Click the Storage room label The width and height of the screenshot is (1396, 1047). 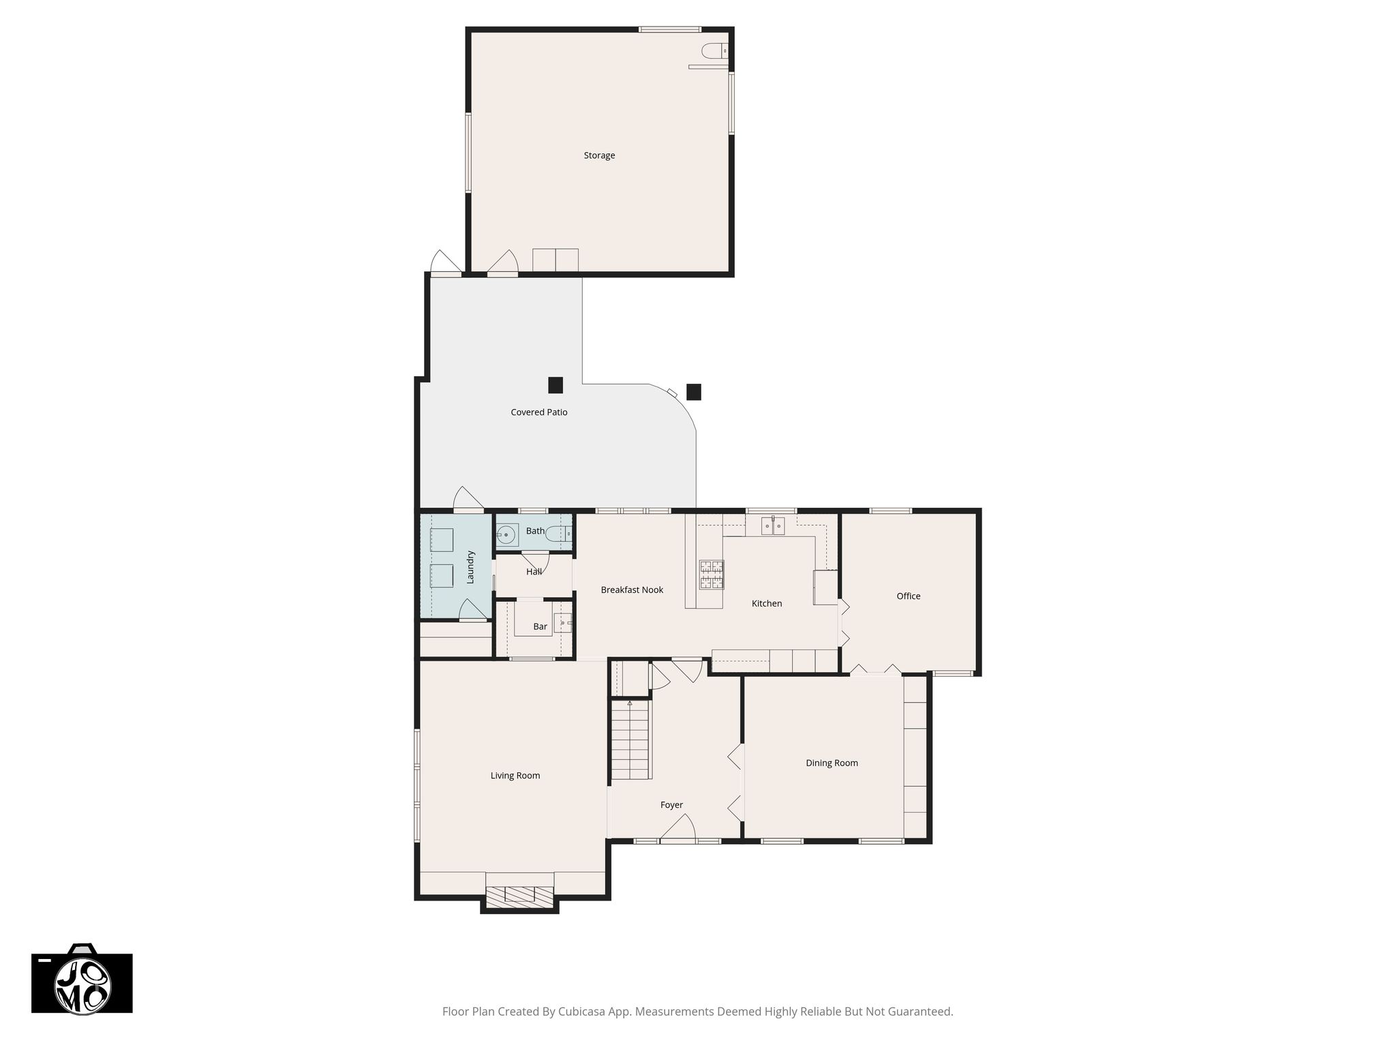point(599,155)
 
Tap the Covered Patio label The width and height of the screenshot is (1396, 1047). point(539,412)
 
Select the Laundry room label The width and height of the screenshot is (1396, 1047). point(470,567)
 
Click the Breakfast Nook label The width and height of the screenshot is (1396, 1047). point(632,590)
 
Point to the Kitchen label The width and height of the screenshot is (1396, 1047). point(767,603)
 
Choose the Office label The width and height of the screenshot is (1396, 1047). point(909,596)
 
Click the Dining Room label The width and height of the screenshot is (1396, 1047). point(832,763)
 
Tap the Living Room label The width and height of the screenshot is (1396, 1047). point(515,776)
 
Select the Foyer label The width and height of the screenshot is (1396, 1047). point(671,805)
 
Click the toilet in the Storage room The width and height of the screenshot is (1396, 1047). point(715,50)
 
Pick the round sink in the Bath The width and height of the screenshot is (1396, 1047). point(507,535)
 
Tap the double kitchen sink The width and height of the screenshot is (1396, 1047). point(773,526)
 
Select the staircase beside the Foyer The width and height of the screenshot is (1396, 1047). point(631,739)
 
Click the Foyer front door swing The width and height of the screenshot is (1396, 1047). point(677,828)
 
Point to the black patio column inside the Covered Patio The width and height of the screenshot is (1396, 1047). point(556,385)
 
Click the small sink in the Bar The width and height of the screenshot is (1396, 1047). point(563,623)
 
